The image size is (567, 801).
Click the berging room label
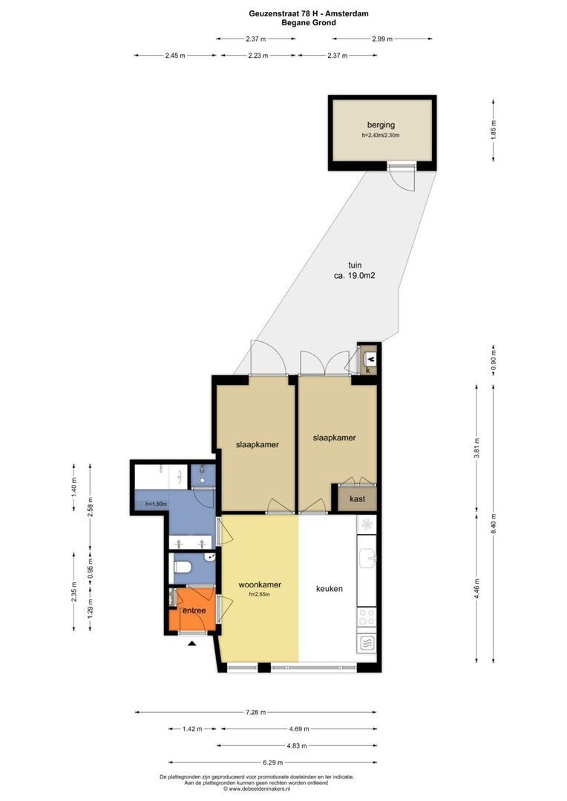pos(381,125)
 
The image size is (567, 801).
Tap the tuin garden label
pos(355,265)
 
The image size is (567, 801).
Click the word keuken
pos(330,588)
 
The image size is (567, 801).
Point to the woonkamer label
pos(260,585)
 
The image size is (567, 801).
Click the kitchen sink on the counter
pos(367,558)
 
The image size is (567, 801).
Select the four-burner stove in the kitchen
pos(367,618)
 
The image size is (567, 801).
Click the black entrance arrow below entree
pos(192,644)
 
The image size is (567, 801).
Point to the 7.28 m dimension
pos(255,712)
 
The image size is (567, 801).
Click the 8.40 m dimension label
pos(494,524)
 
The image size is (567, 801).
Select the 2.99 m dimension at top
pos(382,39)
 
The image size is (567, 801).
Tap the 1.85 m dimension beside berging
pos(494,130)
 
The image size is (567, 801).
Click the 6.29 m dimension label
pos(273,762)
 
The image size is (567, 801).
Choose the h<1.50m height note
pos(156,504)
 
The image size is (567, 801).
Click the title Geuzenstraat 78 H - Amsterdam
pos(309,14)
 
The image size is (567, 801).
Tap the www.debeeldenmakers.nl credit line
pos(257,788)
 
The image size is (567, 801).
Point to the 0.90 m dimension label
pos(494,361)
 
